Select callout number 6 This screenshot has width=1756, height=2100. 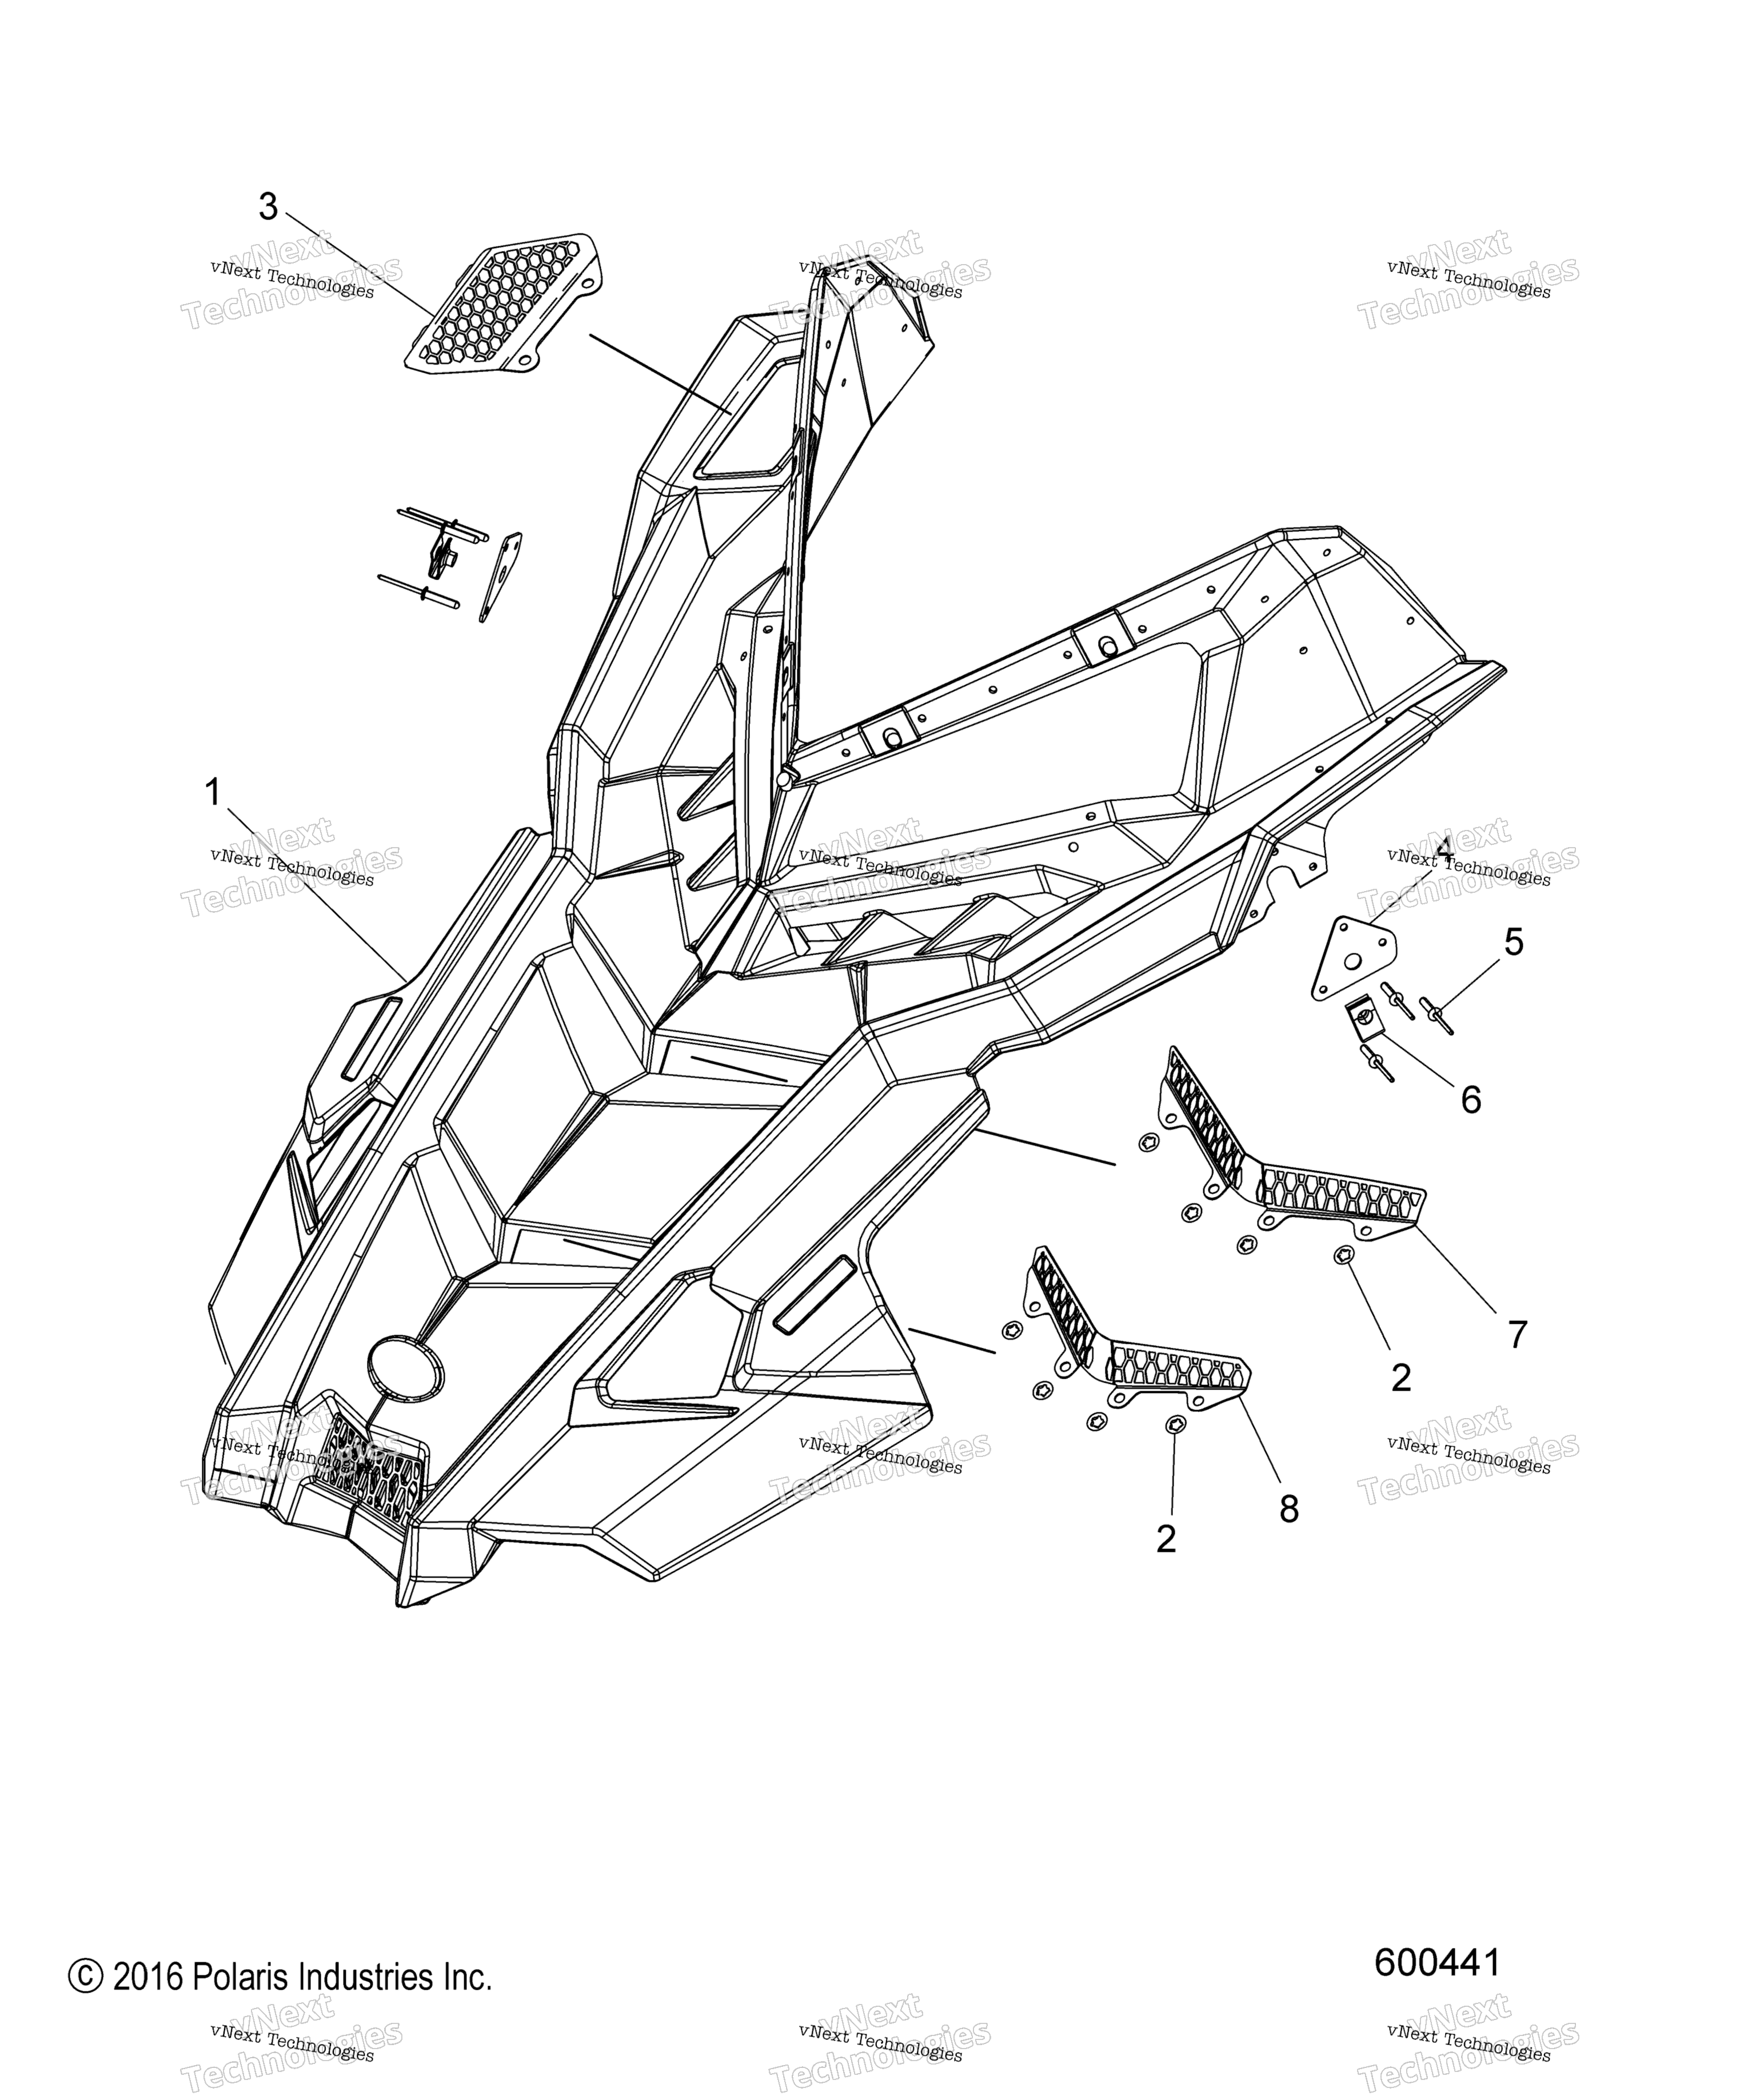(x=1470, y=1100)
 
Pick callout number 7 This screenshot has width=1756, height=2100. (x=1517, y=1334)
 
